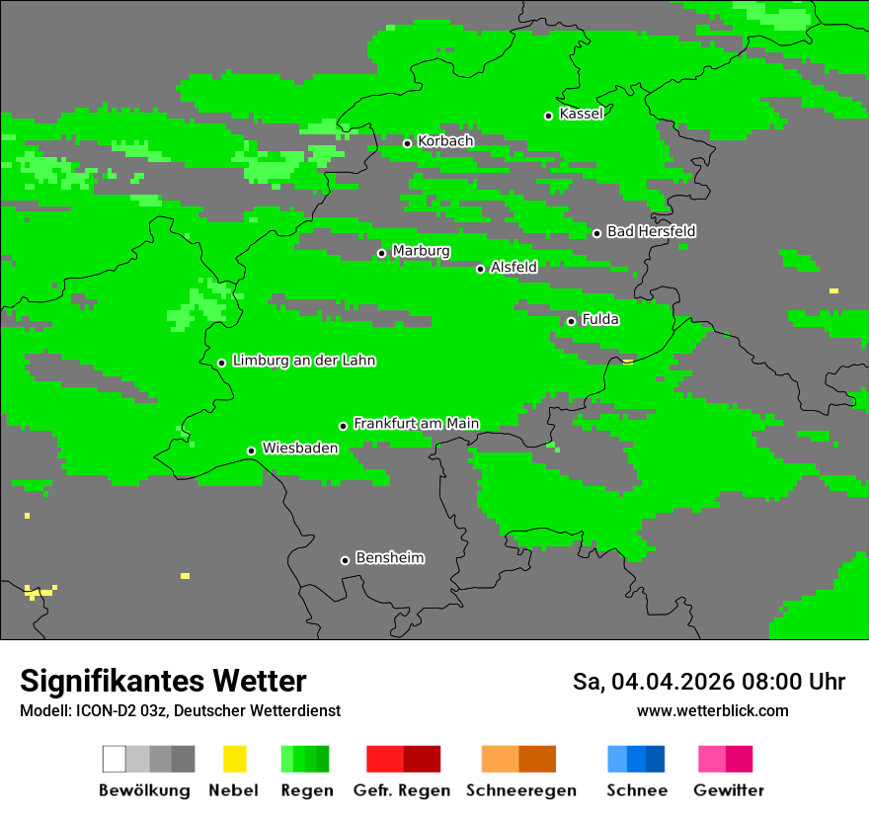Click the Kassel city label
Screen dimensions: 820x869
(x=581, y=114)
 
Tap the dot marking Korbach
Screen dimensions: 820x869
(x=407, y=143)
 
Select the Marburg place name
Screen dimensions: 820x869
(x=421, y=251)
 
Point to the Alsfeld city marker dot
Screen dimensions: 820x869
(x=481, y=269)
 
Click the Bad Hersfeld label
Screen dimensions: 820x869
(x=651, y=231)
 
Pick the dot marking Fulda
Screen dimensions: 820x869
(x=571, y=321)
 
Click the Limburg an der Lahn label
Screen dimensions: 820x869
(x=303, y=361)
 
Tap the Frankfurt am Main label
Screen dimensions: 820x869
(x=416, y=424)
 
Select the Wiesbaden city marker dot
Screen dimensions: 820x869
(x=252, y=451)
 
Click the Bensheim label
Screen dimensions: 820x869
(x=389, y=558)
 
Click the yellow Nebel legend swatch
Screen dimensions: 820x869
(x=234, y=759)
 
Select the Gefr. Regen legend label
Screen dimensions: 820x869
(x=402, y=790)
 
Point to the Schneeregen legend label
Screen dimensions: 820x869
(x=520, y=790)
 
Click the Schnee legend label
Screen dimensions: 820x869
(x=636, y=790)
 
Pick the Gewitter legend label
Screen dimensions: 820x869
(x=729, y=790)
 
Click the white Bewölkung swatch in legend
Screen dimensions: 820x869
(x=115, y=759)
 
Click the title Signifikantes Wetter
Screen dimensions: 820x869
(x=163, y=681)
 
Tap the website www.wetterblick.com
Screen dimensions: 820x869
(x=712, y=710)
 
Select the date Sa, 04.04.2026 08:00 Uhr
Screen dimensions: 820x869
(x=708, y=682)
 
